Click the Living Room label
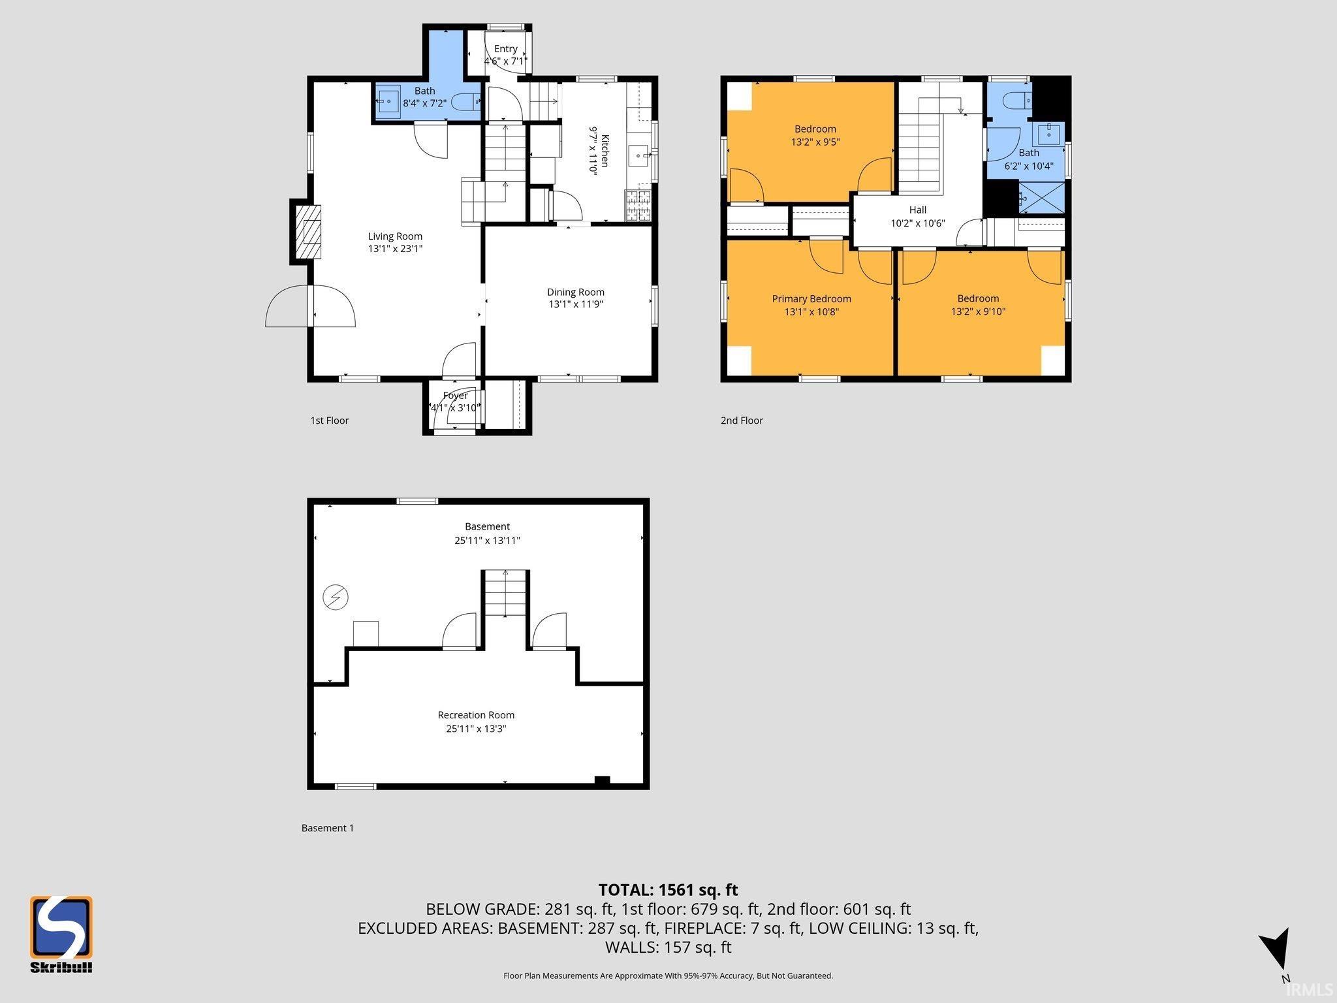tap(395, 236)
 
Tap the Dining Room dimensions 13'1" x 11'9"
tap(575, 304)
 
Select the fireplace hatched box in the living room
tap(309, 232)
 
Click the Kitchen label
tap(605, 151)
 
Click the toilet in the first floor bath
tap(467, 102)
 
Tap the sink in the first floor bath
tap(388, 101)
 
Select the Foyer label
tap(455, 396)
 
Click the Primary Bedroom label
tap(811, 299)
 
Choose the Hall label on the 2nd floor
tap(918, 210)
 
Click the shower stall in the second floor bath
tap(1042, 197)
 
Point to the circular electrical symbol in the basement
tap(336, 597)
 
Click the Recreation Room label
tap(476, 715)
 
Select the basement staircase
tap(505, 593)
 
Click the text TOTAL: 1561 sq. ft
tap(668, 890)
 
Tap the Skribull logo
tap(61, 934)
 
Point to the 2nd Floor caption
tap(742, 421)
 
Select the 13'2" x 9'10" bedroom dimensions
tap(978, 311)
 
